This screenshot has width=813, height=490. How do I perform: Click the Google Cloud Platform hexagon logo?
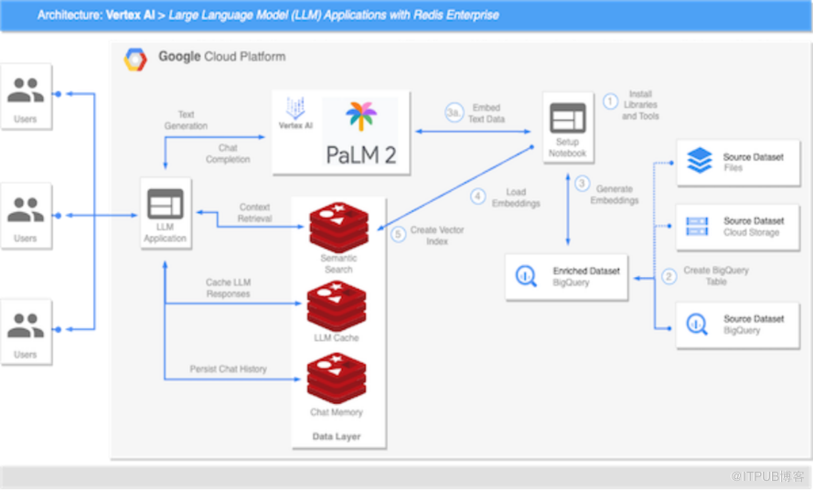pyautogui.click(x=135, y=59)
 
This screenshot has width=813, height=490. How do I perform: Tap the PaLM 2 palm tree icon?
pyautogui.click(x=361, y=115)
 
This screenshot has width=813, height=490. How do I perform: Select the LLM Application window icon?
pyautogui.click(x=166, y=204)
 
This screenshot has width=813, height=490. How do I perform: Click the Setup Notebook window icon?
pyautogui.click(x=568, y=118)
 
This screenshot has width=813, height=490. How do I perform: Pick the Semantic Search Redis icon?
pyautogui.click(x=338, y=227)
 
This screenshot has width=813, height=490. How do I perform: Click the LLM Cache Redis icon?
pyautogui.click(x=337, y=306)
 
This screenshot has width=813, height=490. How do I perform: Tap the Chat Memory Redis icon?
pyautogui.click(x=337, y=378)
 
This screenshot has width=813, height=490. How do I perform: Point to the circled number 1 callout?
pyautogui.click(x=610, y=101)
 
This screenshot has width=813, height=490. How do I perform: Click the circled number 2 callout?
pyautogui.click(x=669, y=276)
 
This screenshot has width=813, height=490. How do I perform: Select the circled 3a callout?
pyautogui.click(x=454, y=112)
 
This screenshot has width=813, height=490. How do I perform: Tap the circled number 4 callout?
pyautogui.click(x=477, y=197)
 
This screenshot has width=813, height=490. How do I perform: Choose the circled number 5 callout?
pyautogui.click(x=398, y=234)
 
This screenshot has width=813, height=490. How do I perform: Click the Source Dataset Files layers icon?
pyautogui.click(x=700, y=160)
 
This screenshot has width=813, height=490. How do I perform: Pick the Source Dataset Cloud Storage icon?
pyautogui.click(x=697, y=227)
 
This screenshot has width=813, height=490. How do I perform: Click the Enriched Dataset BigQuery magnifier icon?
pyautogui.click(x=526, y=276)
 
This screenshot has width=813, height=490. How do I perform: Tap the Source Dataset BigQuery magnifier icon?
pyautogui.click(x=697, y=325)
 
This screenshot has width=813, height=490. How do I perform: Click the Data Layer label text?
pyautogui.click(x=337, y=437)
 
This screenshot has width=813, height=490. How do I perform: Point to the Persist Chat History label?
pyautogui.click(x=228, y=369)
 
